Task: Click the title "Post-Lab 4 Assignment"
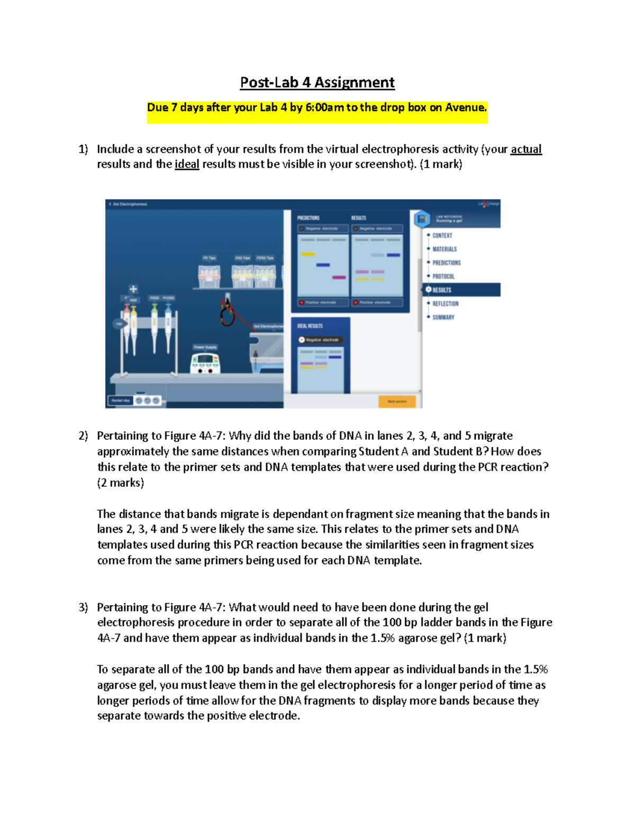(x=317, y=82)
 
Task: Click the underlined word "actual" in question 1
(x=525, y=149)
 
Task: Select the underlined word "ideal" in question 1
(x=187, y=164)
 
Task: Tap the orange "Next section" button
(x=397, y=401)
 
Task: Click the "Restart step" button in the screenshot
(x=121, y=401)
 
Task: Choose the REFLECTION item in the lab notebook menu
(x=445, y=303)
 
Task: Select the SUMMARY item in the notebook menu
(x=443, y=317)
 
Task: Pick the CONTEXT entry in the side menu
(x=442, y=235)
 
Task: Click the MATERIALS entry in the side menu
(x=444, y=249)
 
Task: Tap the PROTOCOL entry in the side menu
(x=443, y=276)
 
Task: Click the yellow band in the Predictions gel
(x=308, y=254)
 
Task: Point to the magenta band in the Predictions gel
(x=339, y=277)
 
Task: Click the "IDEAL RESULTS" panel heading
(x=310, y=326)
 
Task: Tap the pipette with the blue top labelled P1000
(x=168, y=325)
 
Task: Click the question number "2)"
(x=83, y=436)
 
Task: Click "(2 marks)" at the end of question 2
(x=120, y=483)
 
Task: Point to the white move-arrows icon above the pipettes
(x=133, y=289)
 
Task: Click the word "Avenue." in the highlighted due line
(x=466, y=107)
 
